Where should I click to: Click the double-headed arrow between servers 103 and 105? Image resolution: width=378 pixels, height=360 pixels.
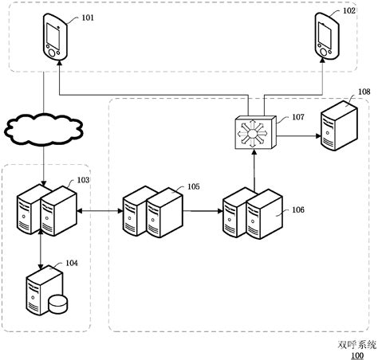coord(100,212)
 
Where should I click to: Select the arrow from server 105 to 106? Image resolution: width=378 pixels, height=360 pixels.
coord(203,212)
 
